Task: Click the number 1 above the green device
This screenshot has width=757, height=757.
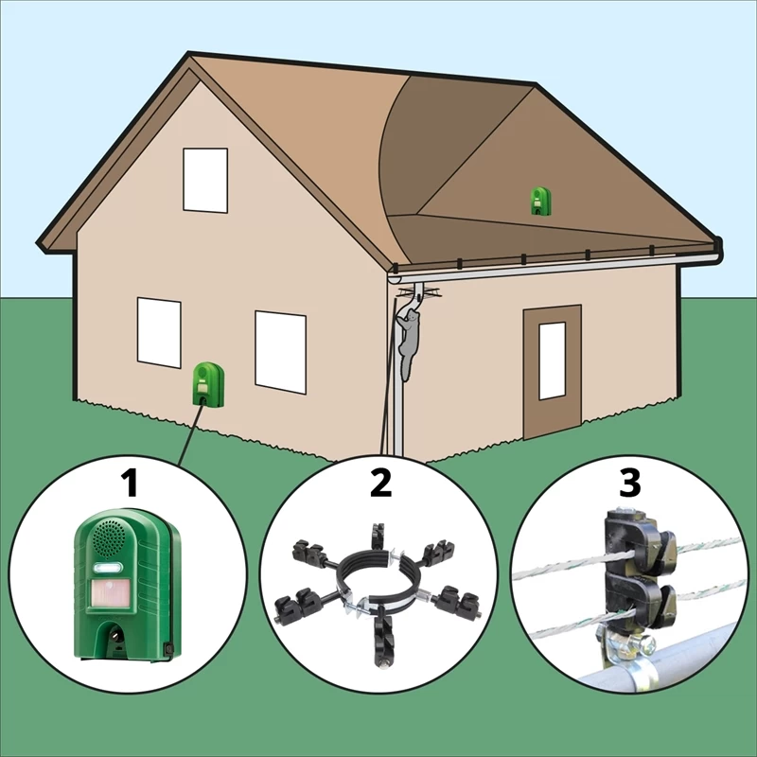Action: [131, 484]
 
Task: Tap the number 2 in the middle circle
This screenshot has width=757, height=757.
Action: [381, 484]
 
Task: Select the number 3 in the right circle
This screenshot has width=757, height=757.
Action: [630, 483]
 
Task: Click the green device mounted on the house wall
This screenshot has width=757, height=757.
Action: [208, 384]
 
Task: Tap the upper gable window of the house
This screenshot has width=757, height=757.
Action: [205, 180]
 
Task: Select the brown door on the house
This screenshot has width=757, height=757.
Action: [552, 372]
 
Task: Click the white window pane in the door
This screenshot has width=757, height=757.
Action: [552, 361]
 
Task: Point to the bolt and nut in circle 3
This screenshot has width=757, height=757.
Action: [643, 643]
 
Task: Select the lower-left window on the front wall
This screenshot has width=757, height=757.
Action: [159, 333]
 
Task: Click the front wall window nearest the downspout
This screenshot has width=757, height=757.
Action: [280, 352]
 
